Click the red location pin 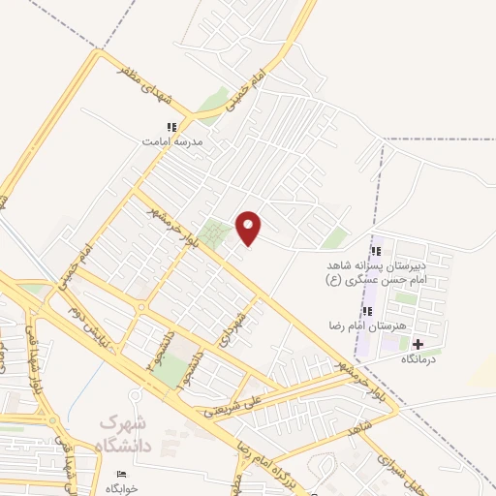tap(249, 227)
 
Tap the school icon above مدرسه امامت tap(172, 127)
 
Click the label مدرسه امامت tap(172, 141)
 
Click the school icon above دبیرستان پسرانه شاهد tap(376, 252)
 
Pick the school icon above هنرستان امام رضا tap(368, 311)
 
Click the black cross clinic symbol tap(418, 343)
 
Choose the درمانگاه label tap(418, 357)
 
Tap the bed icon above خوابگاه tap(121, 474)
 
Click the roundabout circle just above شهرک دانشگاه tap(135, 395)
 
